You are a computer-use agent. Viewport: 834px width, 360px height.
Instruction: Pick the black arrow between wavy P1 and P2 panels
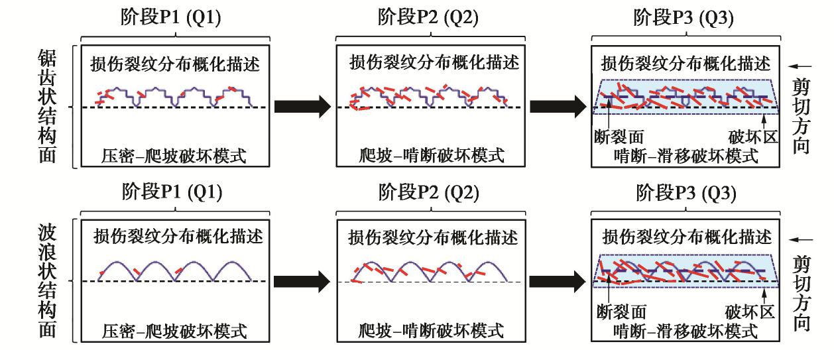click(x=302, y=282)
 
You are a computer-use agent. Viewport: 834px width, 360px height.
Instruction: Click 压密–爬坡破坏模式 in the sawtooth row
click(x=174, y=156)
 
